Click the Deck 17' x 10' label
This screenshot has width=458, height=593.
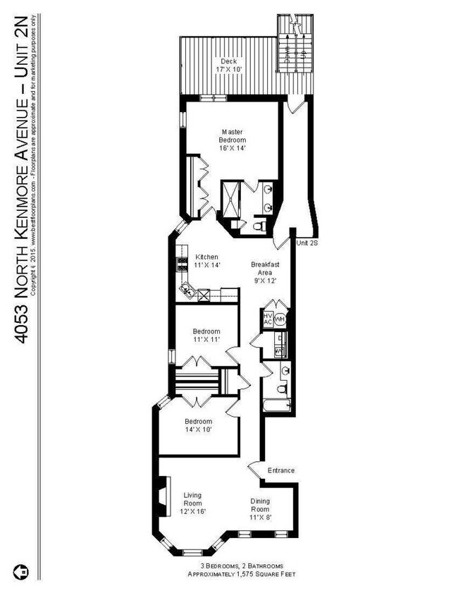[x=228, y=66]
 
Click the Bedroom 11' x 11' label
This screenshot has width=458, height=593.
[x=206, y=336]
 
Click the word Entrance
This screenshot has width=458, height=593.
[x=281, y=470]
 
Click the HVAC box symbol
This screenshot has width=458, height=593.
[x=268, y=319]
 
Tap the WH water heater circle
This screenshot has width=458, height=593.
[x=280, y=319]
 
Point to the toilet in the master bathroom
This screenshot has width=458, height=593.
[x=259, y=226]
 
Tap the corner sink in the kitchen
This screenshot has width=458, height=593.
[x=188, y=288]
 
